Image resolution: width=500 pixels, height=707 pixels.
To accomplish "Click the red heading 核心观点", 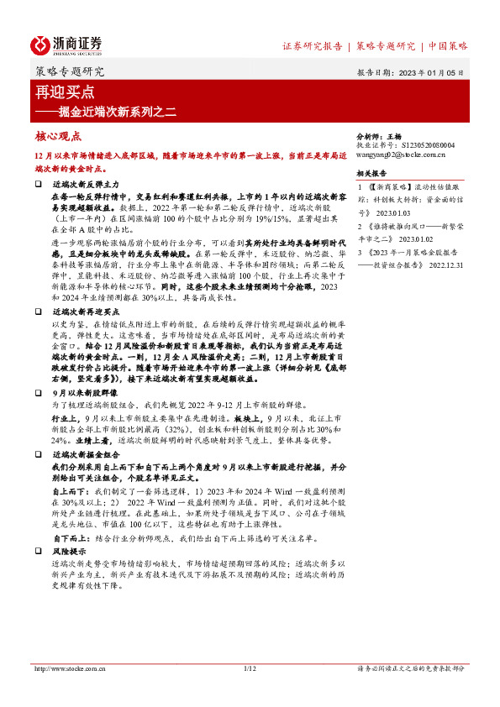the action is pos(58,135).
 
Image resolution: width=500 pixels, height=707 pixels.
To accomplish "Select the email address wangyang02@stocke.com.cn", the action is pos(400,154).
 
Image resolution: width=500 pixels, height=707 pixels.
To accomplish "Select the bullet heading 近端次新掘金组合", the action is pos(85,454).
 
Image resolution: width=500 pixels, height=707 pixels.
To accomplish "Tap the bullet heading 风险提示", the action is pos(69,550).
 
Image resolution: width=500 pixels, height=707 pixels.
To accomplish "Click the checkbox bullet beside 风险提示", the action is pos(38,550).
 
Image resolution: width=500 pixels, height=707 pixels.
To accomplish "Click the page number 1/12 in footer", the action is pos(249,668).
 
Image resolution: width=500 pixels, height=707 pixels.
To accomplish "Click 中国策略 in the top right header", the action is pos(449,46).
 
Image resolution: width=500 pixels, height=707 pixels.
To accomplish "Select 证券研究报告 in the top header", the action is pos(312,46).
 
